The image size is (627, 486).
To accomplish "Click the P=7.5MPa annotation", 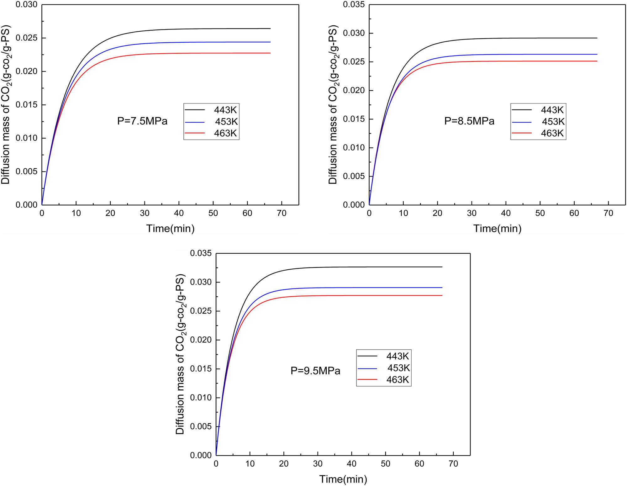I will click(x=142, y=121).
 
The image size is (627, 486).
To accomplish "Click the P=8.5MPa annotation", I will click(x=469, y=121).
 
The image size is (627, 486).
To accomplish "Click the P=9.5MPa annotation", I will click(x=315, y=371).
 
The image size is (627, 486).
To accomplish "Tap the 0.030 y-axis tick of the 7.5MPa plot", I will click(x=27, y=5).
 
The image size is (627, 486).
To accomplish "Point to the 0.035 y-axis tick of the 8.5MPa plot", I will click(x=354, y=5).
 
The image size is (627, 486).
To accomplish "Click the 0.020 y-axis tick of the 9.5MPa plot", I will click(x=201, y=340).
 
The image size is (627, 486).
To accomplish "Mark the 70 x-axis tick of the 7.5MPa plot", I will click(x=282, y=214).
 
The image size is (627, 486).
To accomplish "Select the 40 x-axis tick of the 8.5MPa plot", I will click(x=506, y=214).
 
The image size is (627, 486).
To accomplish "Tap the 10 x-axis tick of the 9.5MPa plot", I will click(x=250, y=464).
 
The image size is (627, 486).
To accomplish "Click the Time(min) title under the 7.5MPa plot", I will click(x=170, y=229).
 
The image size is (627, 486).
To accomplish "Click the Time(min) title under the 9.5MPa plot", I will click(x=343, y=479).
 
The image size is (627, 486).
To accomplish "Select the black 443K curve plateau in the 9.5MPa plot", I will click(x=376, y=267).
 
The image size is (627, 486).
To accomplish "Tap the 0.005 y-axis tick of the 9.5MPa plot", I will click(x=201, y=426).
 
